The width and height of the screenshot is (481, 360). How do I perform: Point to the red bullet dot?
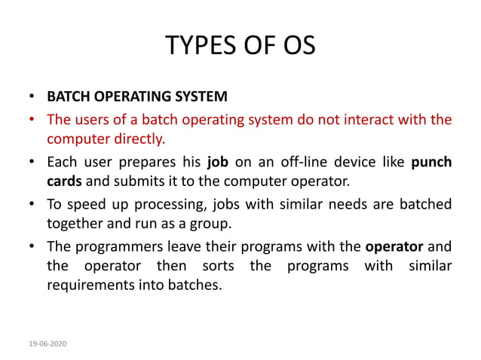pos(32,120)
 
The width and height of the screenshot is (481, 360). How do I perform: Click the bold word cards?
pos(64,182)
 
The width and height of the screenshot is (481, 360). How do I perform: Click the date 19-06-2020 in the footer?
pos(48,343)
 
